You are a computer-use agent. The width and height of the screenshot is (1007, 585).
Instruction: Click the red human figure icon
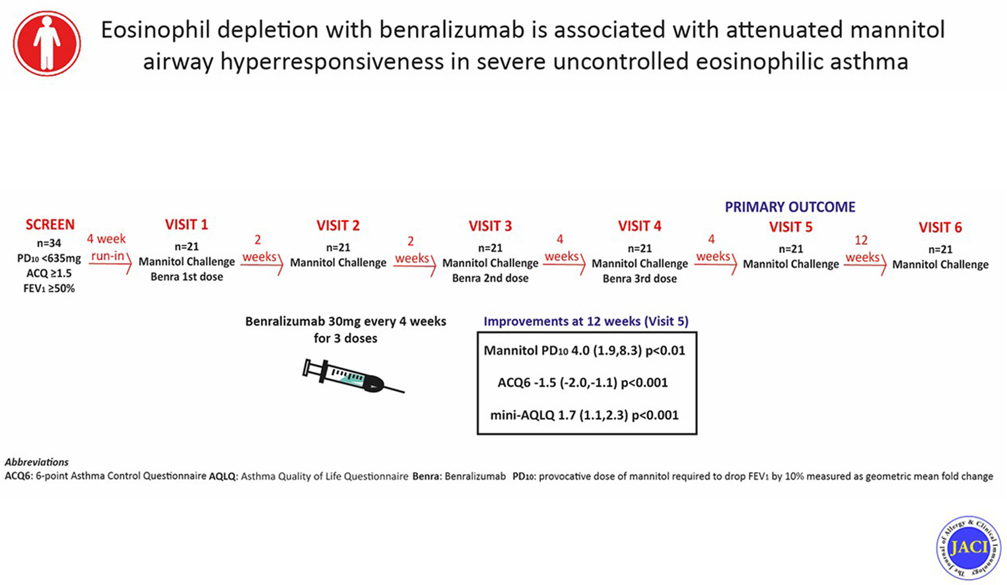[47, 43]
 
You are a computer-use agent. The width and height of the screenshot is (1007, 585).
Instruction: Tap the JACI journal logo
[968, 547]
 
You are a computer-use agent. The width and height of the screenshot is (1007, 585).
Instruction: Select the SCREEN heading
[50, 224]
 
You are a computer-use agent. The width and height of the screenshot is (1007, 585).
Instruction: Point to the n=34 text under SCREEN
[50, 243]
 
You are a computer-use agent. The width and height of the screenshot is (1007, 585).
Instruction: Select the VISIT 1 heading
[186, 224]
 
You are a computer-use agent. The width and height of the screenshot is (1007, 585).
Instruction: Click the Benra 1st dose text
[186, 277]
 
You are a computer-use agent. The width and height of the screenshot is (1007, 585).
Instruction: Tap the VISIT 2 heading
[338, 226]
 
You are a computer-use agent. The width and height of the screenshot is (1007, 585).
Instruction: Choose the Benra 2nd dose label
[490, 278]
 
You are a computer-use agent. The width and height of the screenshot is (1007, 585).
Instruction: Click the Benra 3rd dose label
[639, 279]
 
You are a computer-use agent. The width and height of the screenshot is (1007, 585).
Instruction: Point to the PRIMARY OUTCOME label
[790, 207]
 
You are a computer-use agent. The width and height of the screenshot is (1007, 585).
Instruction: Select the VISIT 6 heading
[940, 228]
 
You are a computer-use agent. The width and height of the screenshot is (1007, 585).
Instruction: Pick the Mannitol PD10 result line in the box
[584, 351]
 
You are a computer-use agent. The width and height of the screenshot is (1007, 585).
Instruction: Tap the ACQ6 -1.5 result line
[582, 383]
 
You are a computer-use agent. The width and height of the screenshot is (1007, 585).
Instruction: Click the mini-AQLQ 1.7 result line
[584, 415]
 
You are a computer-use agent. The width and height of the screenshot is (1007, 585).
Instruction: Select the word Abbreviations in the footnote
[36, 462]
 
